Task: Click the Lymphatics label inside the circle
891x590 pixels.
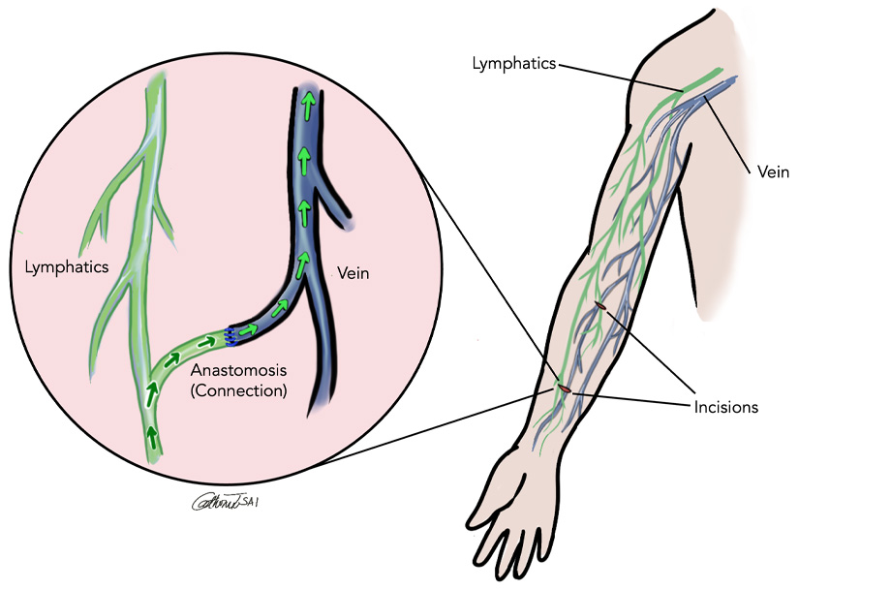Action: [65, 264]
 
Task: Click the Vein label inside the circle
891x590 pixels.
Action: [354, 275]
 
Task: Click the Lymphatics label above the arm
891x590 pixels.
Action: [513, 64]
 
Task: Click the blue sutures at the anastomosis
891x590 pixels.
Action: [231, 336]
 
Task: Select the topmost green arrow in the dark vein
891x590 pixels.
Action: [308, 100]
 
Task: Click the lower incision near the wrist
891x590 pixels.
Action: [564, 389]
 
